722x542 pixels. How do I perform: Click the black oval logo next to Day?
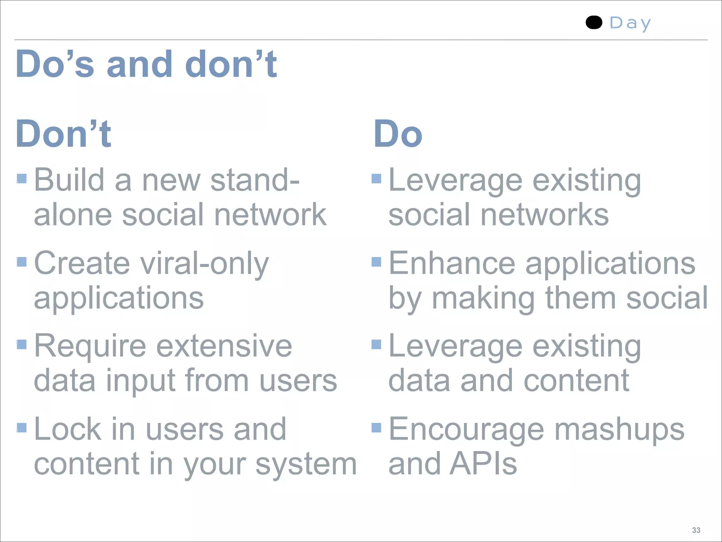pyautogui.click(x=594, y=23)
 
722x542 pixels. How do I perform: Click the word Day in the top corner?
pyautogui.click(x=630, y=23)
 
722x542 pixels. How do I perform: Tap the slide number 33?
pyautogui.click(x=696, y=530)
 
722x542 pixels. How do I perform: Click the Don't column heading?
pyautogui.click(x=63, y=134)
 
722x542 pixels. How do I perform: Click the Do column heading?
pyautogui.click(x=398, y=134)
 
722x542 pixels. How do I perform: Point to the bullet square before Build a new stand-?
pyautogui.click(x=22, y=179)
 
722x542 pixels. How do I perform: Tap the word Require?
pyautogui.click(x=90, y=347)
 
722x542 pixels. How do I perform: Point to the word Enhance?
pyautogui.click(x=452, y=263)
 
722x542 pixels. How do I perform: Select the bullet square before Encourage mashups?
pyautogui.click(x=377, y=428)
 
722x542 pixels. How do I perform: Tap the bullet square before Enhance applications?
pyautogui.click(x=377, y=262)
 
